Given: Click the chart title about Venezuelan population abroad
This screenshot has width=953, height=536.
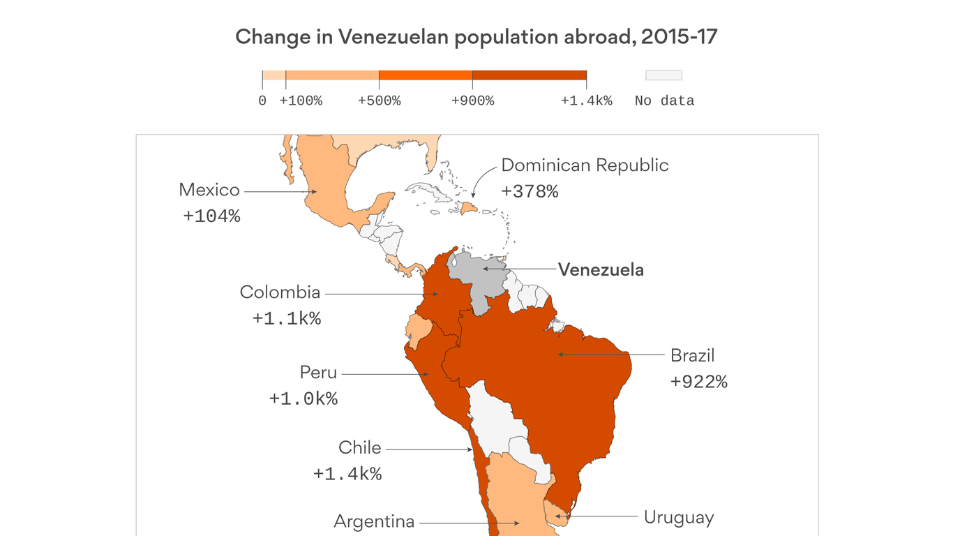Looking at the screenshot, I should coord(476,37).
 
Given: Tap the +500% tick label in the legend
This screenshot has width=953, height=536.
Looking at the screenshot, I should coord(379,101).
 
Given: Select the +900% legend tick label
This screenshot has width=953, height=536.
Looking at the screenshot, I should coord(472,101).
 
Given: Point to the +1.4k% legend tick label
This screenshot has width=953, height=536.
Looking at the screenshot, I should coord(586,101).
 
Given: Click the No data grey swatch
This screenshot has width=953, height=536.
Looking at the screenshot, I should coord(663,75).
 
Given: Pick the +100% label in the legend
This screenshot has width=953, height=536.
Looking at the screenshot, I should coord(301,101).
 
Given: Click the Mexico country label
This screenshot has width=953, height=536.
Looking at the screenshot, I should coord(209,190).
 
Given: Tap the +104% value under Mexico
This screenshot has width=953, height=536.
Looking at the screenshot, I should coord(211,216).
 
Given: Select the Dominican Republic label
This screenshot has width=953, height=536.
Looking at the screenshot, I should coord(585,165).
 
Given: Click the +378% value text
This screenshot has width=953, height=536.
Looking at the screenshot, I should coord(530,192).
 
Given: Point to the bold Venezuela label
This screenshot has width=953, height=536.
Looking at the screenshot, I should coord(601,269).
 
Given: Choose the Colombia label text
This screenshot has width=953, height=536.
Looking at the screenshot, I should coord(280,292).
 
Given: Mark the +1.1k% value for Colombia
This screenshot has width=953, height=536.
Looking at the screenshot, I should coord(287,319).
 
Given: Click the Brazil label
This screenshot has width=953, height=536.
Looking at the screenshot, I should coord(692,355).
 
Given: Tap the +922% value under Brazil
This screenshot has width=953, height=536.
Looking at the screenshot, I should coord(698,382).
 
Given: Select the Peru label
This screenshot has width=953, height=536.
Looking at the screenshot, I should coord(318,373).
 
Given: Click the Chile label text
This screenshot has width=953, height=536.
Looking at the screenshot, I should coord(359,447).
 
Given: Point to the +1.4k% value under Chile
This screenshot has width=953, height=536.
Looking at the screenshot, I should coord(347,474).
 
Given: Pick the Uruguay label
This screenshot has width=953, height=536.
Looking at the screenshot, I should coord(678,518).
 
